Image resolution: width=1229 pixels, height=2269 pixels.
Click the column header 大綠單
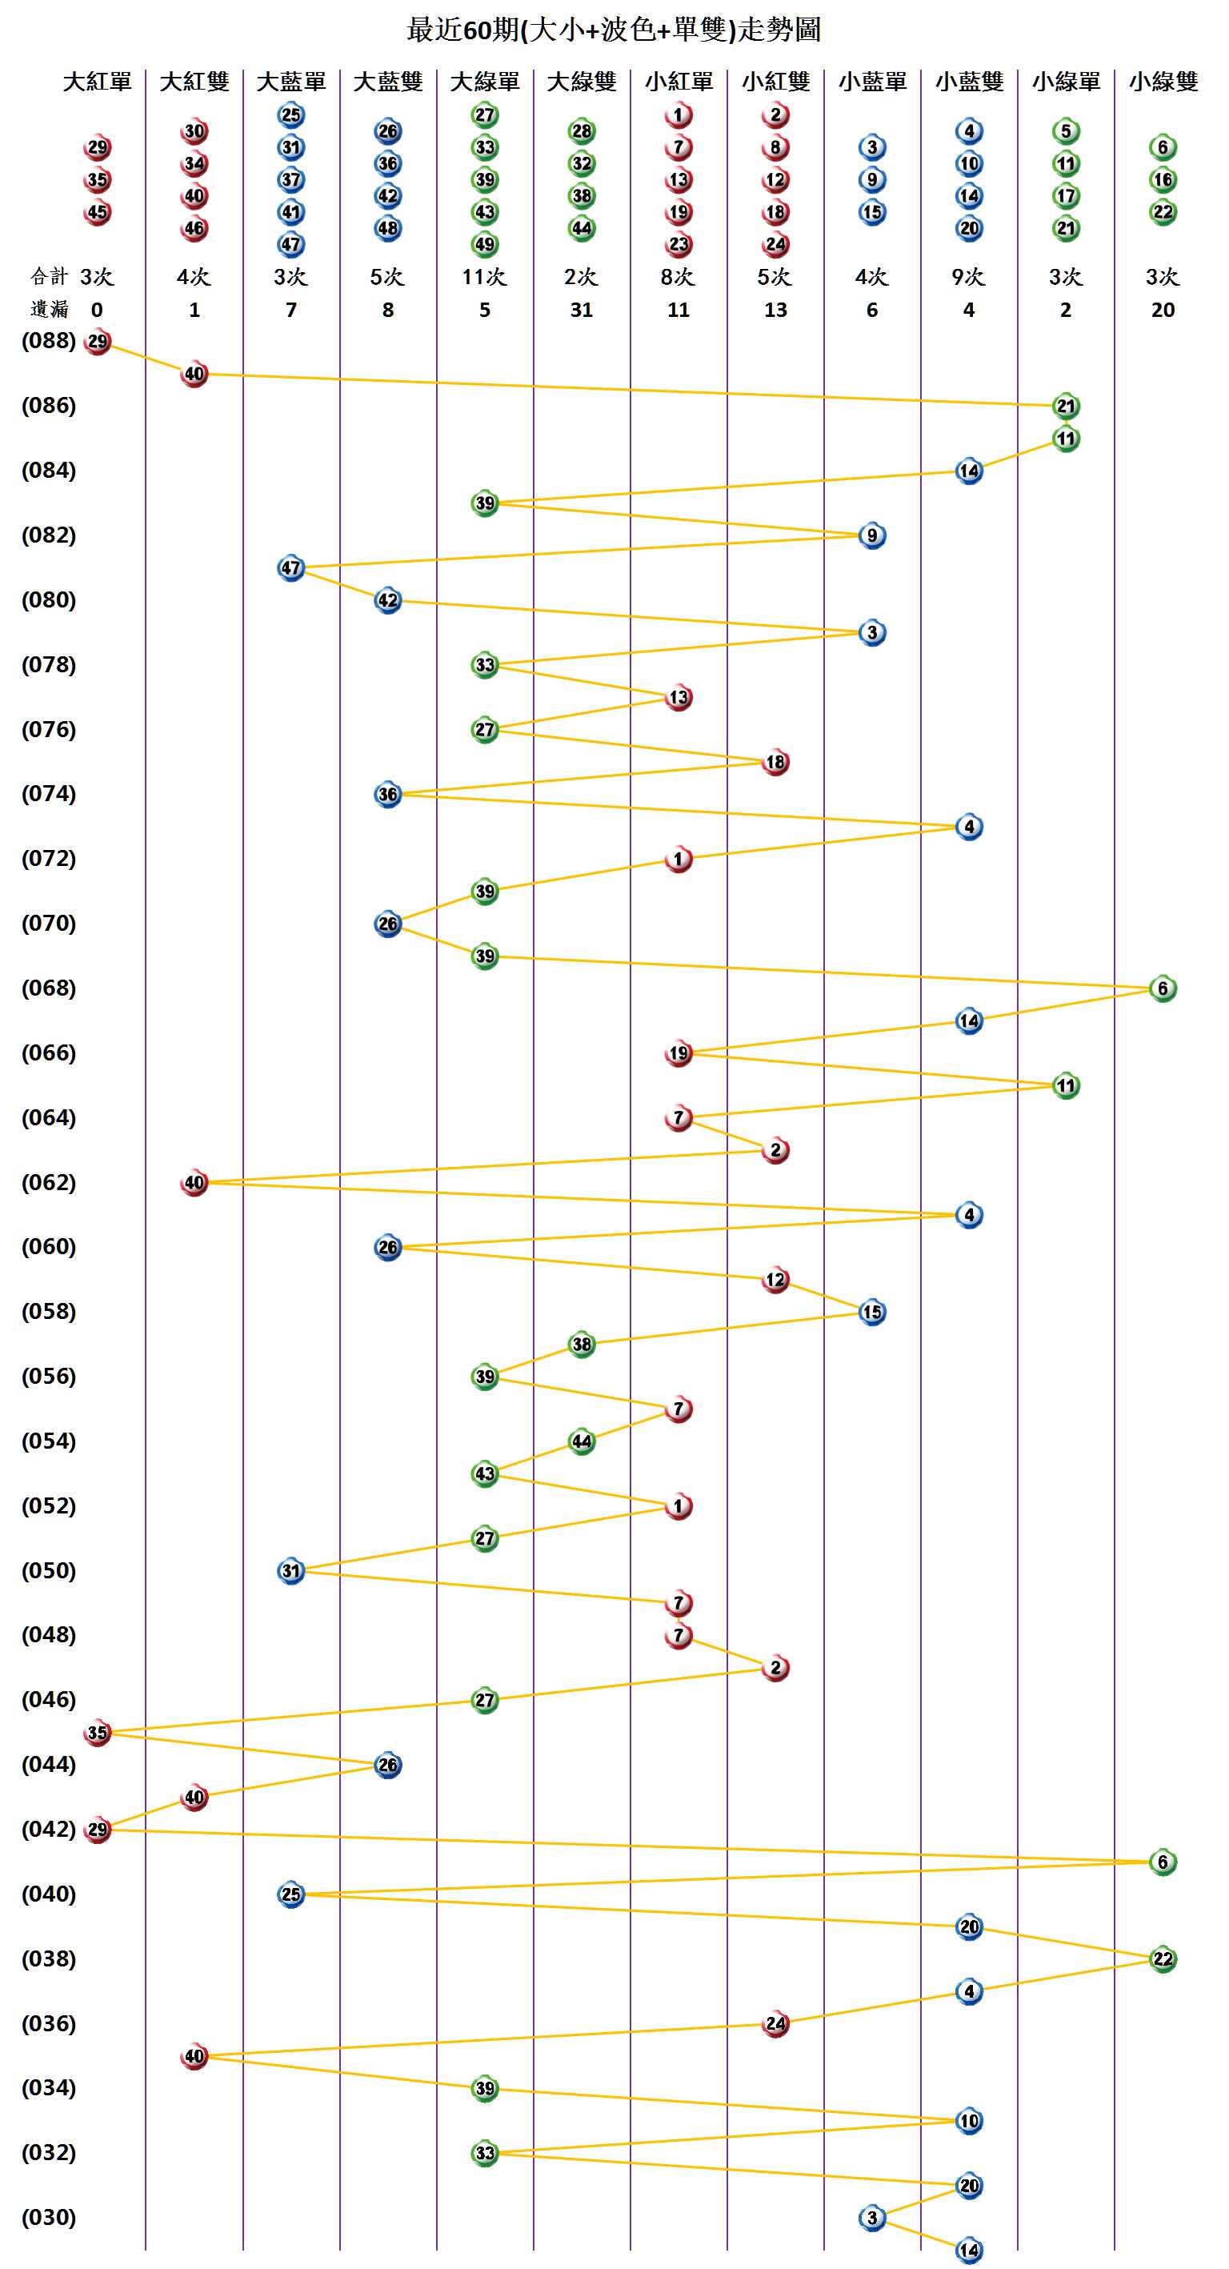(484, 82)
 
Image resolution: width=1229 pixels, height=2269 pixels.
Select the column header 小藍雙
(968, 82)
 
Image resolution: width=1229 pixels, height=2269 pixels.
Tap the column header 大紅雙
(194, 82)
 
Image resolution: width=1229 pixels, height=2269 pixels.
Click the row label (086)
(49, 406)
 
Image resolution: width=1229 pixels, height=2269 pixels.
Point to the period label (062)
(49, 1183)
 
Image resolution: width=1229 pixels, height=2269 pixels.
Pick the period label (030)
(49, 2217)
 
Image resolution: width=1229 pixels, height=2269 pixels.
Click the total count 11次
(484, 278)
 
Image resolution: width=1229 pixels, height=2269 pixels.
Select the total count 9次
(968, 278)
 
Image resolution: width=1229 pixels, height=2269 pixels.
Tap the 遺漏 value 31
(581, 310)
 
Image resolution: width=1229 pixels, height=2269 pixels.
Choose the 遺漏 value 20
(1162, 310)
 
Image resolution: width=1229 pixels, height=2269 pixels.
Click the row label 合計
(49, 278)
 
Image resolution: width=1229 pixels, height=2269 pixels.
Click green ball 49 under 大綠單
(485, 244)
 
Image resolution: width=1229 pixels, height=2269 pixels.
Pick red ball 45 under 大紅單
(98, 212)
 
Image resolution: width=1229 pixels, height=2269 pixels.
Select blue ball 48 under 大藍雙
(388, 228)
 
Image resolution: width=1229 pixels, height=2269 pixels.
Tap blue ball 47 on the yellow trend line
(291, 568)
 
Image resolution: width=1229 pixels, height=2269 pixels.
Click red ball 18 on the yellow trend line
(775, 762)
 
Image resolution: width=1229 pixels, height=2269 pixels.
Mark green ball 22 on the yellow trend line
(1163, 1959)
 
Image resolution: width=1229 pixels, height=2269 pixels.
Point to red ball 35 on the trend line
(98, 1733)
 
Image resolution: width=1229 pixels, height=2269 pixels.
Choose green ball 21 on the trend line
(1066, 406)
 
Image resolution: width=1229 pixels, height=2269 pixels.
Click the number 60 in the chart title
(477, 31)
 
